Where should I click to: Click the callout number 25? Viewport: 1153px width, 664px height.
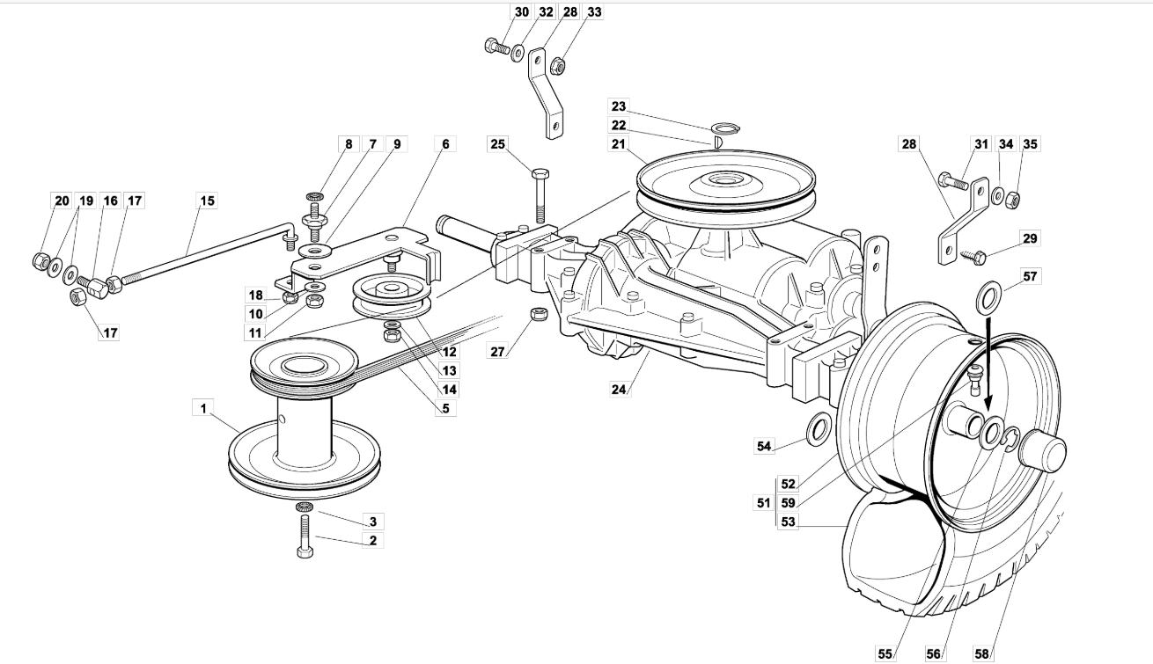(499, 142)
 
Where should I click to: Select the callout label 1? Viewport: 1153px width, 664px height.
(203, 408)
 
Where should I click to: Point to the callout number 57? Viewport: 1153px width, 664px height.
(1030, 277)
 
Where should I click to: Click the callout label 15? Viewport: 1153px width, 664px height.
(206, 201)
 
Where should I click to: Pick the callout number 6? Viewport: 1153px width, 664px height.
(446, 143)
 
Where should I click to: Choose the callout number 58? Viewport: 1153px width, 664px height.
(982, 653)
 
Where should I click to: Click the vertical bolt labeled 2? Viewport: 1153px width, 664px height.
(305, 534)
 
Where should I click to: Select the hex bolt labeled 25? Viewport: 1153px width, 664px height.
(540, 193)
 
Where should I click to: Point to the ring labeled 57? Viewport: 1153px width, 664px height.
(988, 296)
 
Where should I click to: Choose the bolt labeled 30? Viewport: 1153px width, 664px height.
(496, 45)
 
